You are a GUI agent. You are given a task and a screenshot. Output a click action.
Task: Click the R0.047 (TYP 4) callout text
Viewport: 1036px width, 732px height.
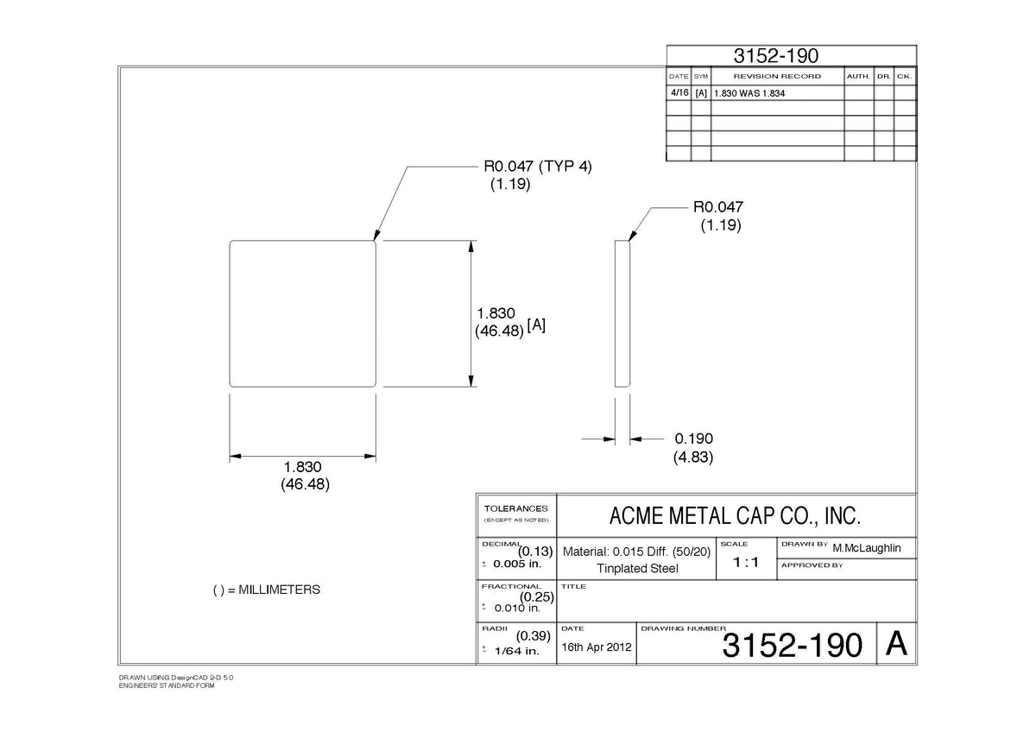click(537, 166)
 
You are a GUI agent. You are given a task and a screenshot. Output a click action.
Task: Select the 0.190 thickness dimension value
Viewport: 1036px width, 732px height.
click(694, 439)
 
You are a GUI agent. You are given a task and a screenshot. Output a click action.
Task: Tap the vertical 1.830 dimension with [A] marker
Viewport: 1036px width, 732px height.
click(496, 313)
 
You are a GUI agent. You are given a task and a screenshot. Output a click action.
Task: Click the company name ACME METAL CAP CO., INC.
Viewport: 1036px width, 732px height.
click(736, 516)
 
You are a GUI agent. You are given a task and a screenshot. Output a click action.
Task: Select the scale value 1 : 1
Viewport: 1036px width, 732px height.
click(746, 562)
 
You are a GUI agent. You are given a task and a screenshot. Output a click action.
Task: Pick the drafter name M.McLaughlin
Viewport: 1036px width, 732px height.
click(867, 548)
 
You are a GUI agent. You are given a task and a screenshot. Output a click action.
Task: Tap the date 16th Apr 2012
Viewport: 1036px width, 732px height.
click(597, 647)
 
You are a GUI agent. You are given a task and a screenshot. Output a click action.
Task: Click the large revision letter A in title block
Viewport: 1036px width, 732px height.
click(896, 643)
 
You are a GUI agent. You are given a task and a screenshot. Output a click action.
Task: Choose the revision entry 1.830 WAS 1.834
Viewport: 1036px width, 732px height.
click(749, 93)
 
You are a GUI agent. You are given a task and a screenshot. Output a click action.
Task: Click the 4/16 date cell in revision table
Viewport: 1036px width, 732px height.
click(679, 92)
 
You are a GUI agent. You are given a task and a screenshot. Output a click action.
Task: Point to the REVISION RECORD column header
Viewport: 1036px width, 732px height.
click(777, 76)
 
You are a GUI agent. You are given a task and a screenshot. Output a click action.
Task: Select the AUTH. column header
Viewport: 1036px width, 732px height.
click(858, 76)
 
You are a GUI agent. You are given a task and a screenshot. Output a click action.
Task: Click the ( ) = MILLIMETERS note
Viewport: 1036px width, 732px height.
click(267, 590)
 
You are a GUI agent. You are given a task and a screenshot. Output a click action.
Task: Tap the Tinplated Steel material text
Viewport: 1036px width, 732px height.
click(637, 568)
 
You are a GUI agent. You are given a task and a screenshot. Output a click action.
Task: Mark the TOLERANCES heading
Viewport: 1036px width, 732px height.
click(515, 508)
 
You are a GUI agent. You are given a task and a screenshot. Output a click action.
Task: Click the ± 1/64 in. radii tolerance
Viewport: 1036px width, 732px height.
click(511, 651)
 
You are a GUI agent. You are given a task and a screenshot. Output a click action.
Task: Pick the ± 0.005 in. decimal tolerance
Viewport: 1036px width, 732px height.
click(512, 564)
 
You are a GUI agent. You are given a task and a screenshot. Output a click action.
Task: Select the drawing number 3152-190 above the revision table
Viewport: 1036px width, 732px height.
click(776, 56)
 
